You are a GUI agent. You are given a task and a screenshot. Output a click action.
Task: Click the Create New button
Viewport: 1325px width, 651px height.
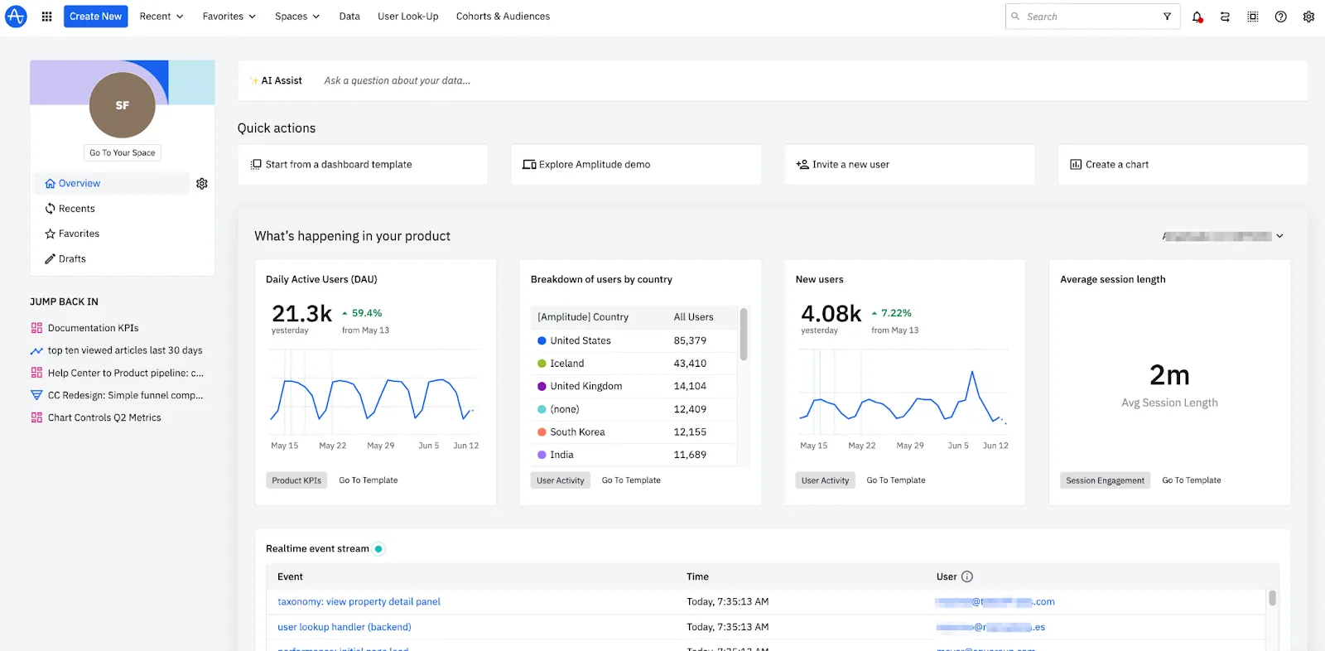tap(95, 17)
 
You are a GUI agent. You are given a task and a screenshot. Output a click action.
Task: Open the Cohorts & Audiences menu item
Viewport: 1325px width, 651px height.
tap(503, 17)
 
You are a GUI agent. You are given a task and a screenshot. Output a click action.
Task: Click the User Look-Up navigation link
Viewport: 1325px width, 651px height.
tap(407, 17)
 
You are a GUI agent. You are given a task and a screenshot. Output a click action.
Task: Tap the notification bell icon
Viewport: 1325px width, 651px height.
tap(1197, 17)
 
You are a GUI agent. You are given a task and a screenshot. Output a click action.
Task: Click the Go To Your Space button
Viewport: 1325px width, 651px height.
tap(123, 152)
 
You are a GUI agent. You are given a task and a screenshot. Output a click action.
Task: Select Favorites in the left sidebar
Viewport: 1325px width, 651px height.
tap(79, 234)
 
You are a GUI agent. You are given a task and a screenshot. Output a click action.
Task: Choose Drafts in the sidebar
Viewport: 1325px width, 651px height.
tap(72, 258)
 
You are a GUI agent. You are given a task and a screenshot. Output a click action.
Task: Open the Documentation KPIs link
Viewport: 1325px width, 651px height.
tap(93, 328)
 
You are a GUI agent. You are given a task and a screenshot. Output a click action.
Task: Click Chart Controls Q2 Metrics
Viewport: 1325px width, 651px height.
tap(104, 417)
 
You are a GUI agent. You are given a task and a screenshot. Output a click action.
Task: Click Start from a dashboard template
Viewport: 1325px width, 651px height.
tap(338, 165)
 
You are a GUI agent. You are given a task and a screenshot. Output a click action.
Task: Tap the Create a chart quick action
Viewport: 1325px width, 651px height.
tap(1116, 165)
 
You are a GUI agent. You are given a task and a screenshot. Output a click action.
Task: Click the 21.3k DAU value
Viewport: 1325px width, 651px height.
tap(301, 313)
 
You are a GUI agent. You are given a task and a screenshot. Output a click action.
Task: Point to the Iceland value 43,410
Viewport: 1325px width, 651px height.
tap(690, 363)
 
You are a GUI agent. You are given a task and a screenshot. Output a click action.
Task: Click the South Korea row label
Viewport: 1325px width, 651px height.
tap(577, 432)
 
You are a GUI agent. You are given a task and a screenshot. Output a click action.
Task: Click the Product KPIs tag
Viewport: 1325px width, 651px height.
tap(296, 480)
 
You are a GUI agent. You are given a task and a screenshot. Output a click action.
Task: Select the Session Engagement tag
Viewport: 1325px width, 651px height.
tap(1105, 480)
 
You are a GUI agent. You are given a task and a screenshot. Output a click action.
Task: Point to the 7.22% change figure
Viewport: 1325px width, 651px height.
tap(896, 313)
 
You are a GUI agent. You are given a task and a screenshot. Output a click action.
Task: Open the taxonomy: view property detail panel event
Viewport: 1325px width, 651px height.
tap(359, 601)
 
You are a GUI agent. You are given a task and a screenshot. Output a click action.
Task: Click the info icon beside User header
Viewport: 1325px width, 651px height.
tap(966, 576)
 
